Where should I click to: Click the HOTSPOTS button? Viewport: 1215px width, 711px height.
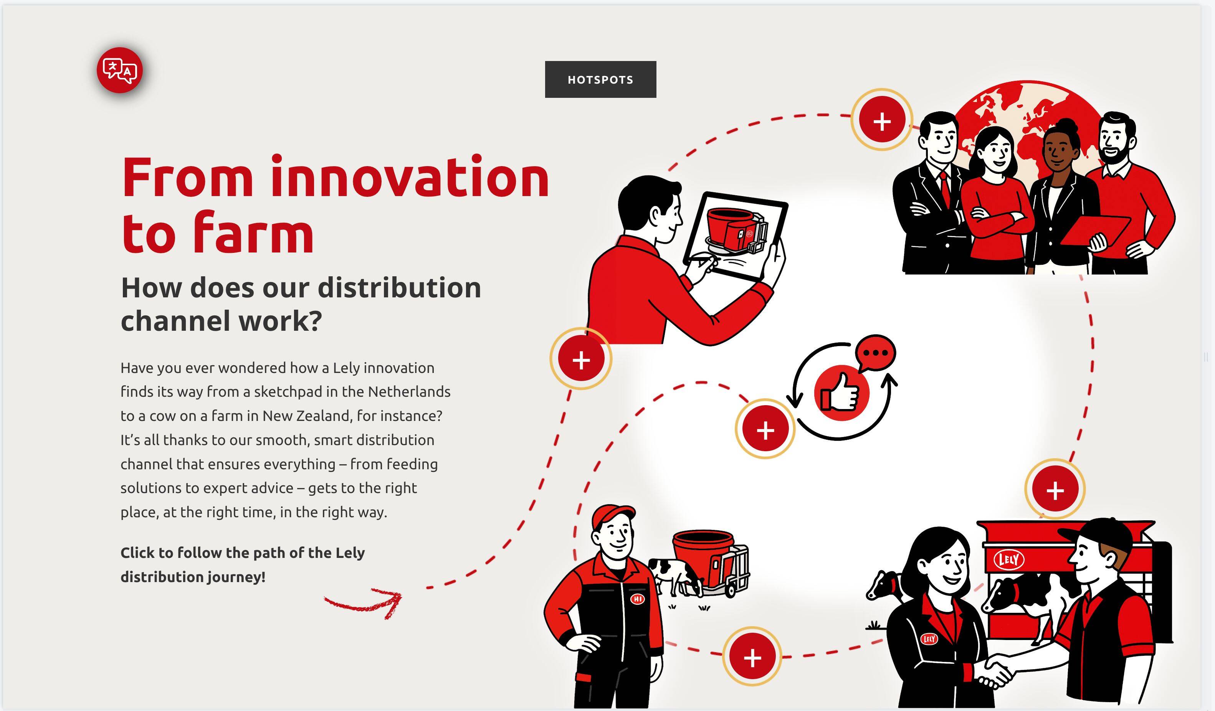[600, 79]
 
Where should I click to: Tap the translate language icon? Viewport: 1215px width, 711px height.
[119, 70]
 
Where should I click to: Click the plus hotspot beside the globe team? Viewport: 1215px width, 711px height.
[882, 120]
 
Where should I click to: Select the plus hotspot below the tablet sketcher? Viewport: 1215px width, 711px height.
[581, 359]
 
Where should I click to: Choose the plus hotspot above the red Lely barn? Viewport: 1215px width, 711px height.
[1055, 489]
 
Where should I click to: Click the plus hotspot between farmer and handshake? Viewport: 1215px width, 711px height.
[752, 657]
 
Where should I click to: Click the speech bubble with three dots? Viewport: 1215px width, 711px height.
[876, 353]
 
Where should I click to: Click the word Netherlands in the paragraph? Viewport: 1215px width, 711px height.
[409, 391]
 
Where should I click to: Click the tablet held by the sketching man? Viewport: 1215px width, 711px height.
[735, 236]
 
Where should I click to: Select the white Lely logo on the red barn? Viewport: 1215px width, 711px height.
[1008, 559]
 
